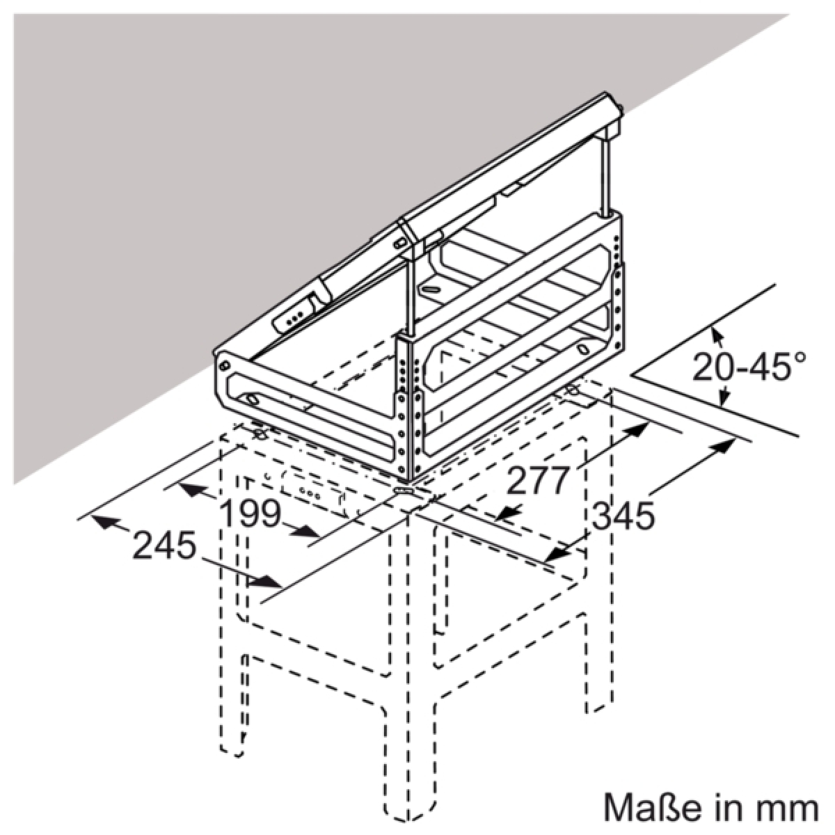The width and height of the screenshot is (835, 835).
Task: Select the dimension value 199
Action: coord(251,514)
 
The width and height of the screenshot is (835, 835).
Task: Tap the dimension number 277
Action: coord(538,480)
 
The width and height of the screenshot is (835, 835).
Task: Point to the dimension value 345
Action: coord(623,516)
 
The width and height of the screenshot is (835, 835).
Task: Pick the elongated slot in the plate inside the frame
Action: coord(436,289)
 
